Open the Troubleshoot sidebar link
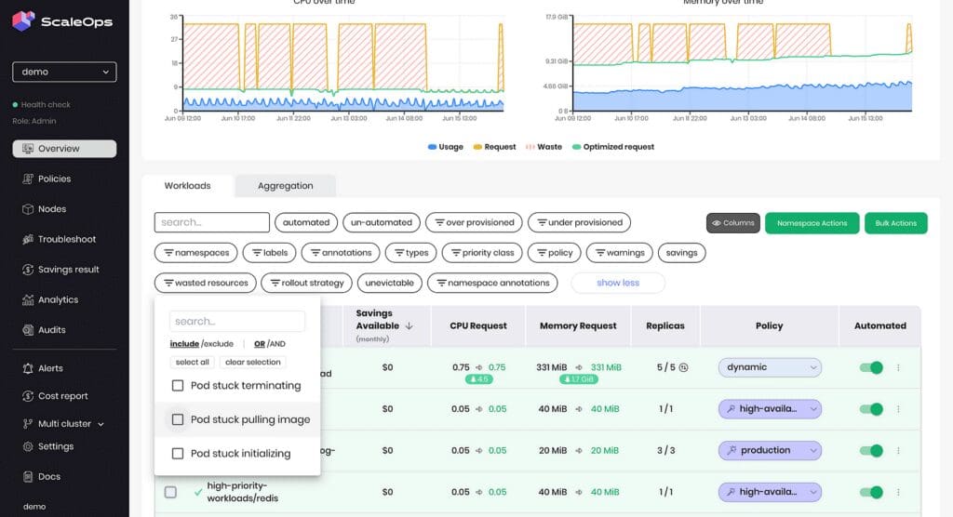[66, 239]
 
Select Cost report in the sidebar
[62, 396]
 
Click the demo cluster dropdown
[64, 72]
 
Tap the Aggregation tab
[285, 186]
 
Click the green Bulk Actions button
[895, 223]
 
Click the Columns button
[733, 223]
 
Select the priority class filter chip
[482, 253]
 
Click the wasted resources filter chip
[206, 283]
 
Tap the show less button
[618, 283]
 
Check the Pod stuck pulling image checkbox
[178, 419]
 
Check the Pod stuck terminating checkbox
[178, 385]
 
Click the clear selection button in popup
[252, 362]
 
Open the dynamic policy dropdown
[770, 367]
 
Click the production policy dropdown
[770, 450]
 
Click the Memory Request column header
[578, 325]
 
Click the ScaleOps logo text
[78, 22]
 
